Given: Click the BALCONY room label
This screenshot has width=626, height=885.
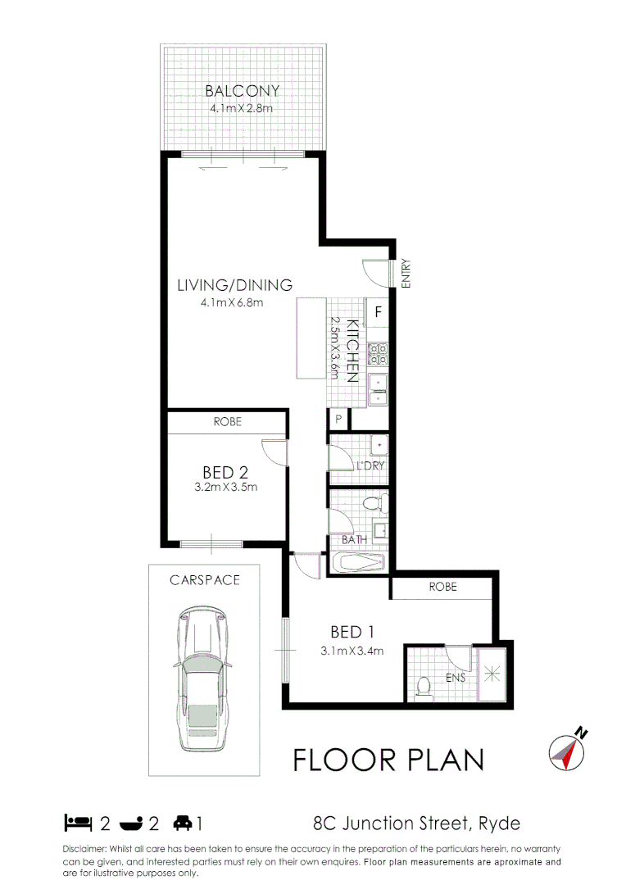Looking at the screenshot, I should [242, 91].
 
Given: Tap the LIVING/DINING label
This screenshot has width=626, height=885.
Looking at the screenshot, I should [234, 286].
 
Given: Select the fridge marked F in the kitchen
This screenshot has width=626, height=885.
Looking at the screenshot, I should [379, 311].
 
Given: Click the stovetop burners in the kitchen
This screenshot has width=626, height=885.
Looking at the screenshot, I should [378, 353].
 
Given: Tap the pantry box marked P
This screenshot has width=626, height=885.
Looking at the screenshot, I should [338, 419].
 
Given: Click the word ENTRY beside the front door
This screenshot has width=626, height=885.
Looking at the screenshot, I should [406, 274].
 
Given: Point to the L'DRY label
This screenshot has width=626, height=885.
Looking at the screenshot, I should [370, 466].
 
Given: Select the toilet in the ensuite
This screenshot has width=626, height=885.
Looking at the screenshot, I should [424, 686].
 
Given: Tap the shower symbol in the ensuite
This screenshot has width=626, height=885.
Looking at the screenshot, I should [492, 674].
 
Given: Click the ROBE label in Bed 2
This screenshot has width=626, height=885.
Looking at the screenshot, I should [227, 422].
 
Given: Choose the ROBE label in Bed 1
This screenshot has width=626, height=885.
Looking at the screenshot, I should [442, 588].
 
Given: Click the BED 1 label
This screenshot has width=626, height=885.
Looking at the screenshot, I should [352, 632].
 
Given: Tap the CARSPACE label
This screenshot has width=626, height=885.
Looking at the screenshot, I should [205, 580].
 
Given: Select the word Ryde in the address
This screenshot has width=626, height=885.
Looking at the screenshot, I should [497, 823].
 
